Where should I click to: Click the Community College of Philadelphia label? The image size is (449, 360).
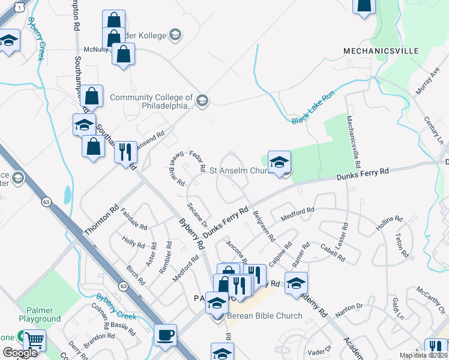pyautogui.click(x=151, y=101)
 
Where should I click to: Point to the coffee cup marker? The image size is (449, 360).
pyautogui.click(x=165, y=335)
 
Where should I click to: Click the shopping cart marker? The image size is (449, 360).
pyautogui.click(x=34, y=341)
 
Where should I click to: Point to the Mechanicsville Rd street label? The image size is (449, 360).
pyautogui.click(x=354, y=142)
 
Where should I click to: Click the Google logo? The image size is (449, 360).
pyautogui.click(x=20, y=353)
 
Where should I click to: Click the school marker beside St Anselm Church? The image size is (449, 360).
pyautogui.click(x=279, y=162)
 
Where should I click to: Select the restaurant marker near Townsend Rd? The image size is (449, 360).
pyautogui.click(x=125, y=152)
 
